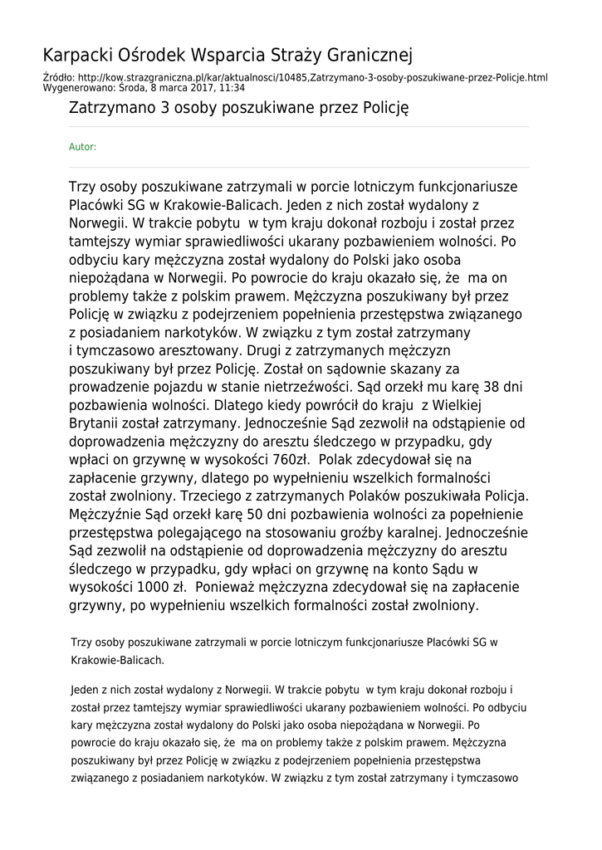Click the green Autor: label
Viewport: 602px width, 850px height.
point(82,147)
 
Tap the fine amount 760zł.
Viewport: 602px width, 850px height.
point(286,459)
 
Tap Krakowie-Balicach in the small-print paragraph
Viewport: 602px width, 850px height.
point(118,660)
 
